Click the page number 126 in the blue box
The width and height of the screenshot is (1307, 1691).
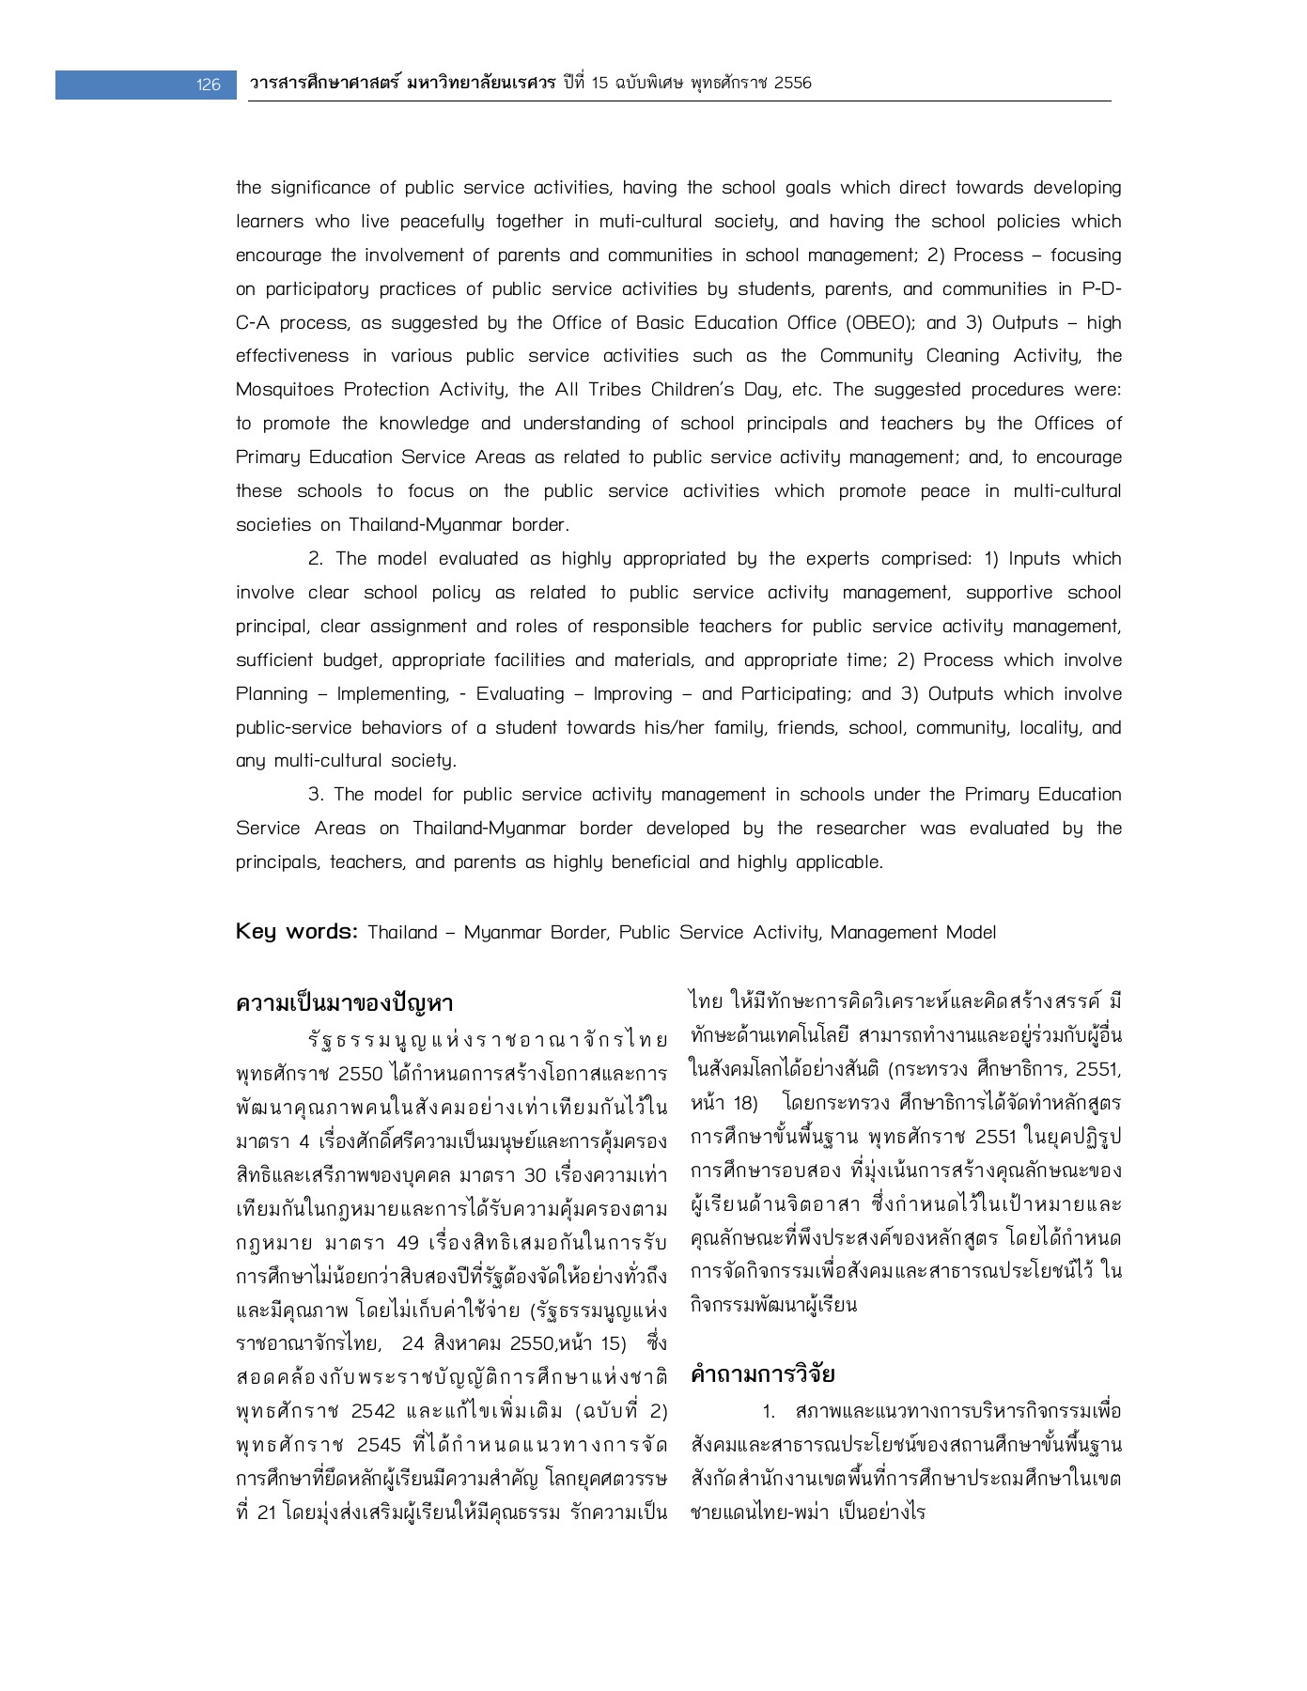tap(208, 85)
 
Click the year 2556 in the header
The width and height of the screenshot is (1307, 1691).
tap(791, 83)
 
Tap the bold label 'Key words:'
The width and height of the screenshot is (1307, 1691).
tap(296, 932)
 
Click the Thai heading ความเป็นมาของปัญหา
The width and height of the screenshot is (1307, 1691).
tap(345, 1003)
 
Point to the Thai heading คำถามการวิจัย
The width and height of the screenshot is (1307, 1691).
tap(762, 1374)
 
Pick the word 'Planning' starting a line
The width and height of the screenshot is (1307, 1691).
tap(272, 694)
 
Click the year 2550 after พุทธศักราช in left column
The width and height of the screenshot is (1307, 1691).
tap(360, 1074)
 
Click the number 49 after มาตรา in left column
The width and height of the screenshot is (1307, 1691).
tap(408, 1243)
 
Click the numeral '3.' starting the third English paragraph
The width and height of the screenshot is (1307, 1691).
tap(317, 795)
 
